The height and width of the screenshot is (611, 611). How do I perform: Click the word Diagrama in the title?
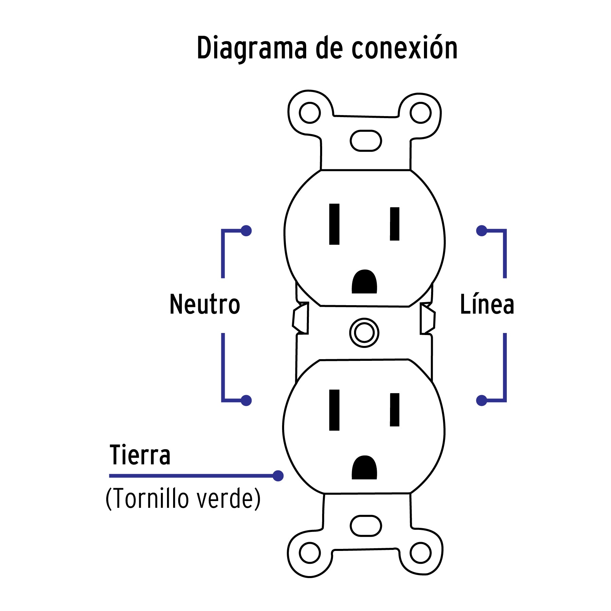click(x=252, y=49)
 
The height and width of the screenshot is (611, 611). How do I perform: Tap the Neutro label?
click(x=205, y=304)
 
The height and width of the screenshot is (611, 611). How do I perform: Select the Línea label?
click(x=487, y=304)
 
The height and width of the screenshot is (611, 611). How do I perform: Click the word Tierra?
click(x=140, y=455)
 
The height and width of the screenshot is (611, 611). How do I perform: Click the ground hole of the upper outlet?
click(x=364, y=282)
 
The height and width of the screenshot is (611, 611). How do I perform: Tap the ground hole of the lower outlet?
click(x=364, y=468)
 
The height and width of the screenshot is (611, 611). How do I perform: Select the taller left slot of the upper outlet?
click(x=334, y=224)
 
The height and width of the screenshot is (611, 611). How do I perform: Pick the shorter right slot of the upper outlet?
click(x=394, y=224)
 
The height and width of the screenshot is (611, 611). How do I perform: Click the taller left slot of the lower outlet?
click(x=334, y=410)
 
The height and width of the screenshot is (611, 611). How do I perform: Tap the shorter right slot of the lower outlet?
click(x=394, y=410)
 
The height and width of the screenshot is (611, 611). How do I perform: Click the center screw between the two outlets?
click(x=364, y=333)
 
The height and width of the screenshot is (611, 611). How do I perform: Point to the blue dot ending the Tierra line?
click(x=278, y=476)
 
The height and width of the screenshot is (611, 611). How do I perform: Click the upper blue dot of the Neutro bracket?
click(x=246, y=231)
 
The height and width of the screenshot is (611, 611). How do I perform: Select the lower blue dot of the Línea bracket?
click(x=482, y=401)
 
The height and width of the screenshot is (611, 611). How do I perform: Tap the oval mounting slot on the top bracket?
click(x=366, y=141)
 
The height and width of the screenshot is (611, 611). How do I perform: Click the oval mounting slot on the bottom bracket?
click(x=366, y=526)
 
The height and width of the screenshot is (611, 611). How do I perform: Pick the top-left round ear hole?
click(x=310, y=113)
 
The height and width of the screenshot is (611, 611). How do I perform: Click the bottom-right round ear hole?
click(x=420, y=553)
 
